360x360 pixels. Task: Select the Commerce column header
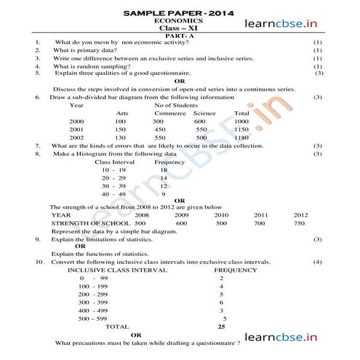[169, 113]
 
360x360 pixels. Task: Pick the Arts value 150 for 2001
[121, 129]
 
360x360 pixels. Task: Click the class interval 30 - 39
[114, 185]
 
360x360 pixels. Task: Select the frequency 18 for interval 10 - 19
[164, 169]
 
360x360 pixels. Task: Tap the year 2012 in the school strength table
[300, 215]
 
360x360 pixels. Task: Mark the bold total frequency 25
[221, 327]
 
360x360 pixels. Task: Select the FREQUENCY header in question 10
[236, 270]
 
